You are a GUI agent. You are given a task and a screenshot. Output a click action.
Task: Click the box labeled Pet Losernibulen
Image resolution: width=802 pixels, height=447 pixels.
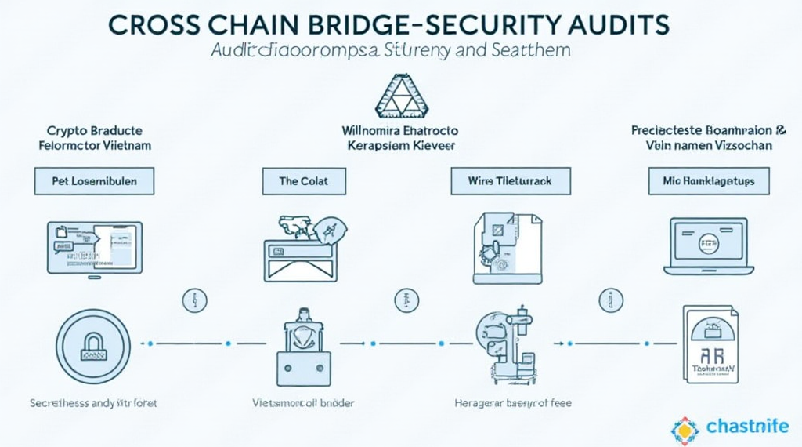tap(94, 181)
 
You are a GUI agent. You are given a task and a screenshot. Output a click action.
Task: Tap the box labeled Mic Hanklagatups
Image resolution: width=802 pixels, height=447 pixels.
tap(709, 181)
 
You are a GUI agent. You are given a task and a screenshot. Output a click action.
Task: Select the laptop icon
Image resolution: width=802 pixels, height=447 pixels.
tap(709, 245)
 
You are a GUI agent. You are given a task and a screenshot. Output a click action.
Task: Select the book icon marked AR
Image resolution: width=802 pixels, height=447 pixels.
tap(711, 345)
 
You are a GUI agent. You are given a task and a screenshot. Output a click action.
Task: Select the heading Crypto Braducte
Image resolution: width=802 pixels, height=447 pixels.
tap(94, 130)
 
